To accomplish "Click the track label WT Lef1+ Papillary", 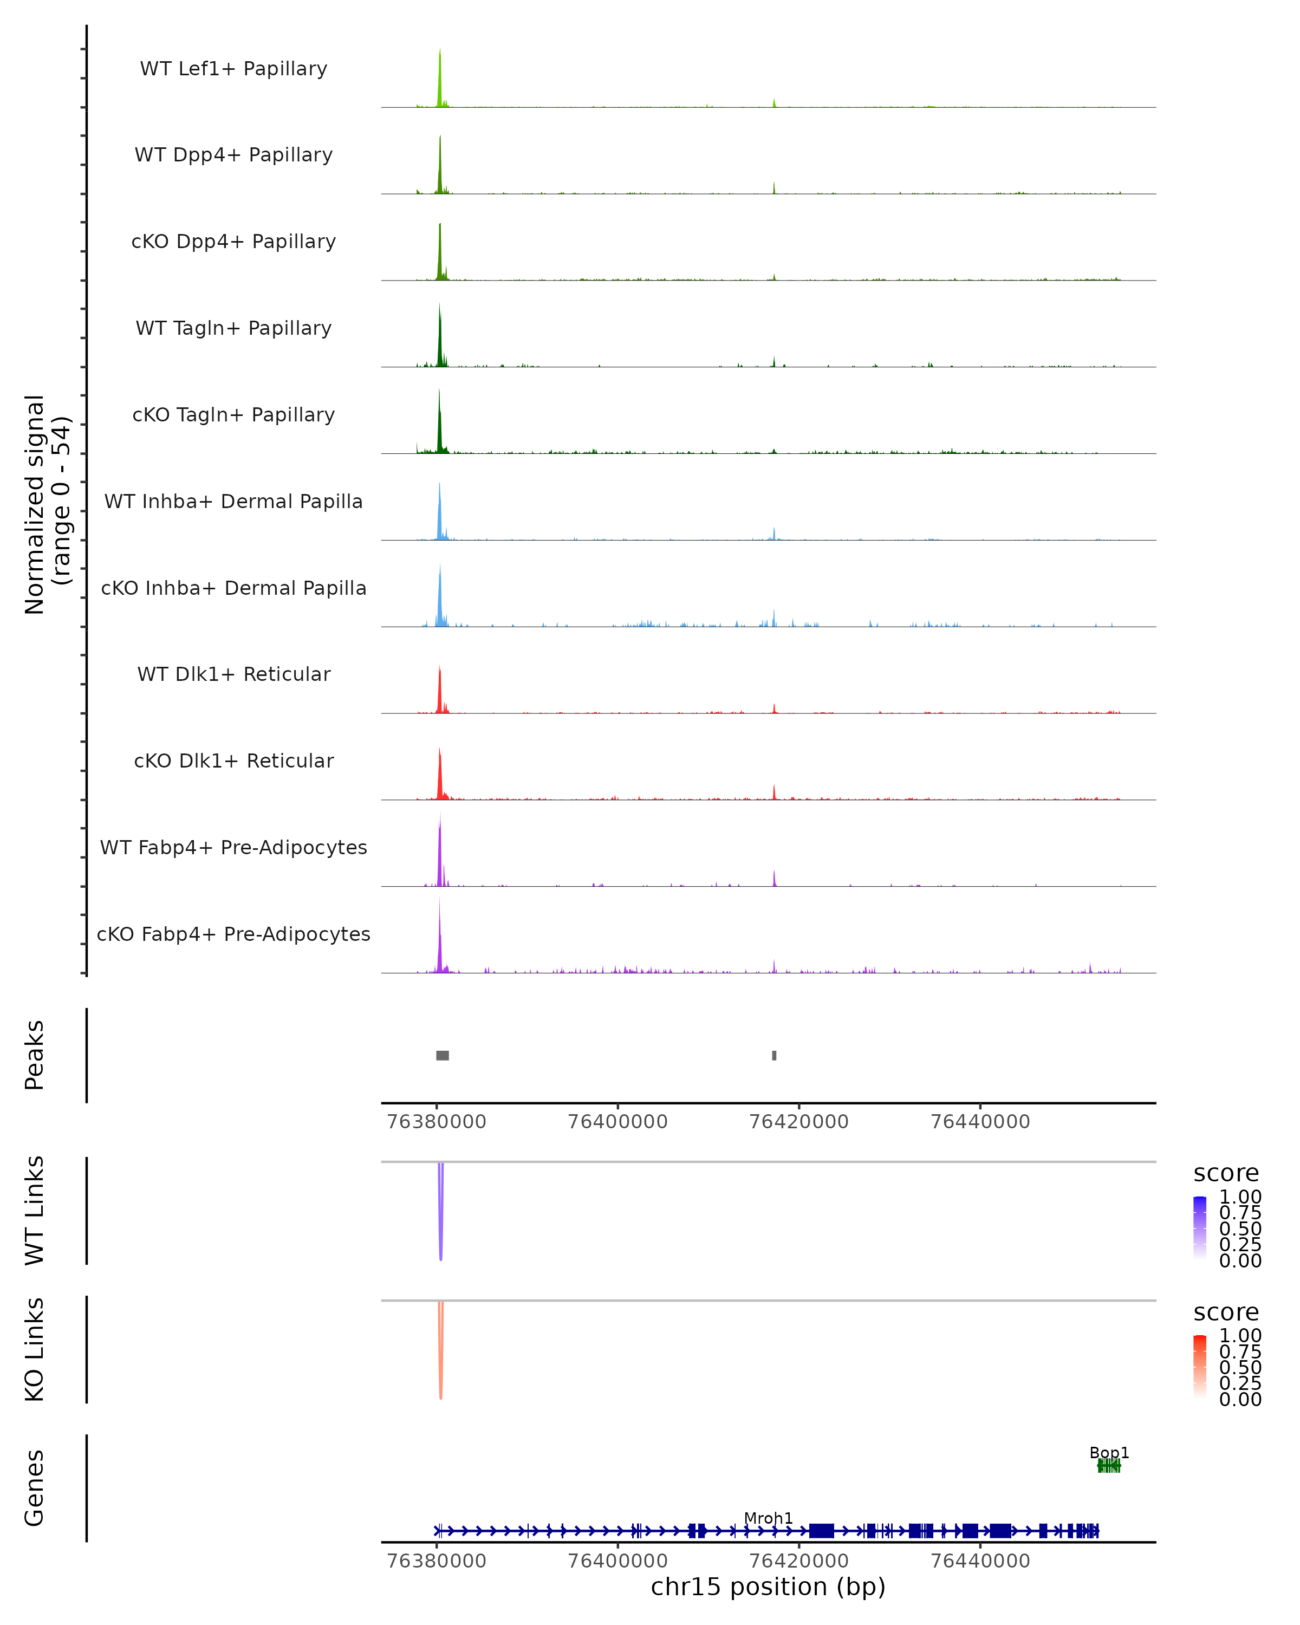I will tap(233, 69).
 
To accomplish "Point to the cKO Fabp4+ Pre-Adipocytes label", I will tap(233, 934).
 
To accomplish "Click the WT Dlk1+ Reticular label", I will tap(233, 674).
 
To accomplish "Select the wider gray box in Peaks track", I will tap(443, 1055).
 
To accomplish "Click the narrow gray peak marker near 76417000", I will tap(774, 1055).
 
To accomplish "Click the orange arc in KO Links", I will tap(441, 1357).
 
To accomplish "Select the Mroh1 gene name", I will tap(768, 1518).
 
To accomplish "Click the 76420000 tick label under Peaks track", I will tap(799, 1122).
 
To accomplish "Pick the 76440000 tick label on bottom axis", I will tap(980, 1561).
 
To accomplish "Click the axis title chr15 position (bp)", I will tap(768, 1587).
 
